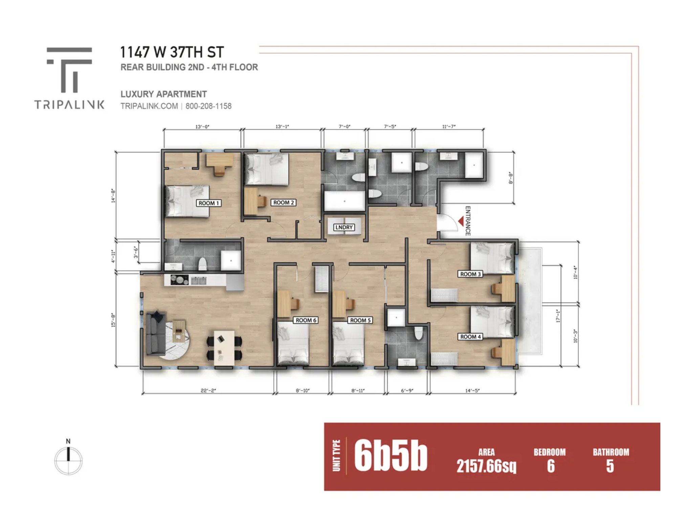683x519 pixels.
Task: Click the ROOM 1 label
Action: [208, 203]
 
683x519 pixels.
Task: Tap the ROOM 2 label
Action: [284, 203]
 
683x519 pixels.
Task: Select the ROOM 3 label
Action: [470, 274]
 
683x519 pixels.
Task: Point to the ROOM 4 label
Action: [470, 337]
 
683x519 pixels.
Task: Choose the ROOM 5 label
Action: [360, 320]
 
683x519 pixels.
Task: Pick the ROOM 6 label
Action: [306, 320]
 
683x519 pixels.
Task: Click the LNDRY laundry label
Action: [344, 227]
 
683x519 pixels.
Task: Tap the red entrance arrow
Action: [461, 221]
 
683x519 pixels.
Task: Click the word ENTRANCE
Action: [468, 221]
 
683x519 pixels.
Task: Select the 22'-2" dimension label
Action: [208, 390]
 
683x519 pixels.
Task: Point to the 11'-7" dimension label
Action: [449, 126]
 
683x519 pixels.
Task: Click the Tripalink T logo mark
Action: [69, 70]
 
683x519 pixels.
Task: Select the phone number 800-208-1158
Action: [208, 106]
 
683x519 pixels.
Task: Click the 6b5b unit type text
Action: [391, 455]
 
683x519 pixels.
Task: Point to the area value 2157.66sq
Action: [486, 466]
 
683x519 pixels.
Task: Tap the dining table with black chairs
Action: [224, 348]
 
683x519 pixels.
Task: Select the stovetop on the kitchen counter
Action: [179, 280]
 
